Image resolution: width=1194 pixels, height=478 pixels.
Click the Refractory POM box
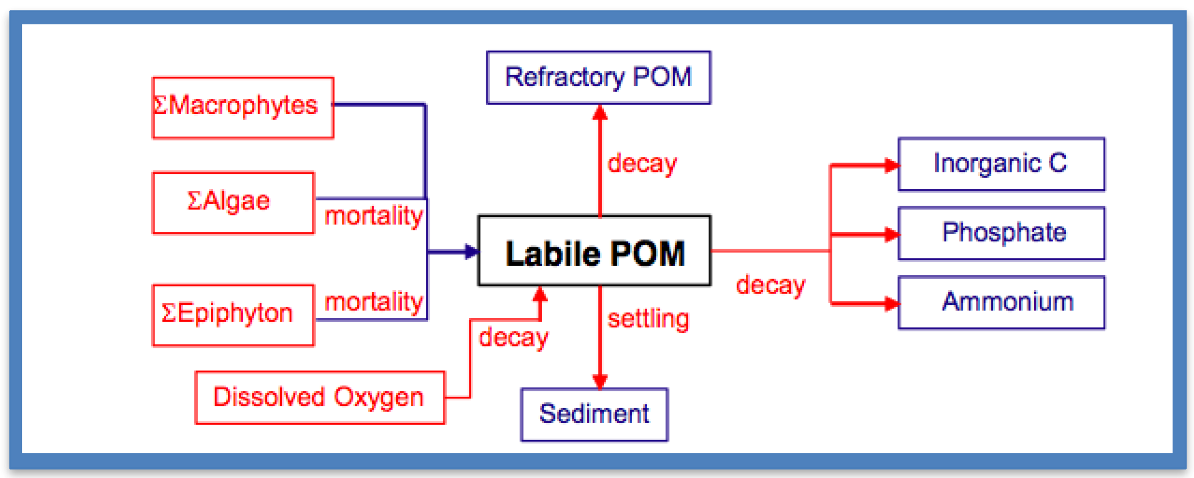(x=598, y=78)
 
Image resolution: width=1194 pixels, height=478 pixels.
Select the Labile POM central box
(x=594, y=251)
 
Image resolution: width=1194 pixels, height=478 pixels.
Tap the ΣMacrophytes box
(x=243, y=108)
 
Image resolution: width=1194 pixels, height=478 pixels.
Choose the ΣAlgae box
(x=233, y=203)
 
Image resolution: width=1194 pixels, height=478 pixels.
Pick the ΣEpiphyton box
(x=233, y=315)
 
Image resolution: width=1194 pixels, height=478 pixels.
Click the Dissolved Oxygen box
(x=320, y=397)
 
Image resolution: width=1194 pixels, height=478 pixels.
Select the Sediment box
(x=594, y=414)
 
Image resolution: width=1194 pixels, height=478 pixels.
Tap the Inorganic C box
(x=1001, y=164)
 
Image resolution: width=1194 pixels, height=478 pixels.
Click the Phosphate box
(x=1001, y=233)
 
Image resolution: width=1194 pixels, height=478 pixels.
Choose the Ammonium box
(x=1001, y=302)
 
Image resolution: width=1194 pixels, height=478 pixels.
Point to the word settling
(x=649, y=319)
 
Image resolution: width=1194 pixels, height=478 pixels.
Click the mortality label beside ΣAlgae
(x=374, y=216)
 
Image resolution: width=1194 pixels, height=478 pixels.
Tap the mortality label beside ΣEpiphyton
(x=374, y=302)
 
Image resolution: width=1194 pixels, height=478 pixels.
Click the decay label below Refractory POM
(x=642, y=163)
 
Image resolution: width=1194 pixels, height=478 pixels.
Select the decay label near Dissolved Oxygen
(x=513, y=337)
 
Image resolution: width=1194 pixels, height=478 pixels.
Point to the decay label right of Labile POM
(x=770, y=285)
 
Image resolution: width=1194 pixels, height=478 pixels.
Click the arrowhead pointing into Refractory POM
(x=600, y=112)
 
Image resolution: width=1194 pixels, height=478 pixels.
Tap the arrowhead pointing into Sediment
(x=600, y=381)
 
